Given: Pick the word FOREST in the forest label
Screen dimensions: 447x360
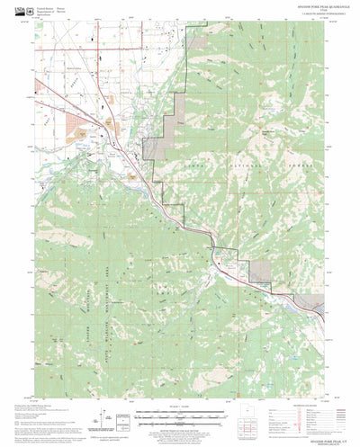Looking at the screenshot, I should [x=294, y=171].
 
